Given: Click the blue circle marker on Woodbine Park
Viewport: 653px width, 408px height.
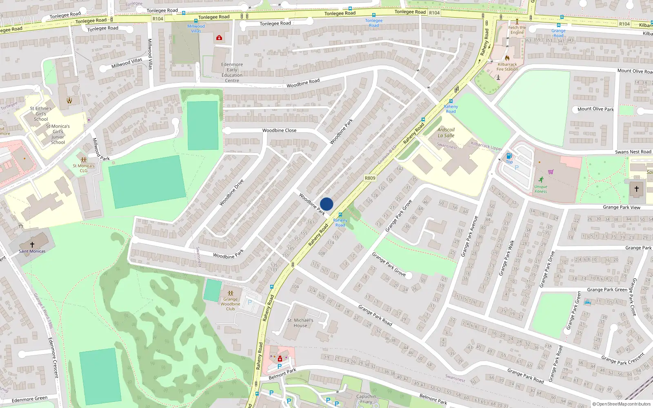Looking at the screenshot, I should (x=326, y=204).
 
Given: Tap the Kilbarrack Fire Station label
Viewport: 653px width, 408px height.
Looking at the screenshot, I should (x=507, y=67).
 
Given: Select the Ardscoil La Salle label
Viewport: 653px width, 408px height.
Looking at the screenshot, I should (x=446, y=133).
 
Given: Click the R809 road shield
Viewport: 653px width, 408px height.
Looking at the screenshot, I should (x=370, y=178).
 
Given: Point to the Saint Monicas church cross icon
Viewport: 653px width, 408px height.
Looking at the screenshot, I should (x=32, y=245).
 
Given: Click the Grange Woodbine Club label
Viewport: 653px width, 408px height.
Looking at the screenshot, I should (x=231, y=304).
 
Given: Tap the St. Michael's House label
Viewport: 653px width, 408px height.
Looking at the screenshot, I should (x=300, y=323).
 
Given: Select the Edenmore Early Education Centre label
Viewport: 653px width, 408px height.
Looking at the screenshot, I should (x=232, y=73).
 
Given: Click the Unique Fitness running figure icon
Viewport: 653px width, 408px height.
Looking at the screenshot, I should (x=541, y=180).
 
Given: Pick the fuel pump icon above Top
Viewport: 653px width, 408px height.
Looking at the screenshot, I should (x=509, y=156).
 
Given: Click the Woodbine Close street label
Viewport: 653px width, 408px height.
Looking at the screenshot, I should (x=279, y=131).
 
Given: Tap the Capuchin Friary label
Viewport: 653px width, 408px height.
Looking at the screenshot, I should (x=366, y=399).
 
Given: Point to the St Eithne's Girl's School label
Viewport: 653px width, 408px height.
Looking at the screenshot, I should (x=41, y=114).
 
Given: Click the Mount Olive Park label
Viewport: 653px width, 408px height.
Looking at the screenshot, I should (x=595, y=109).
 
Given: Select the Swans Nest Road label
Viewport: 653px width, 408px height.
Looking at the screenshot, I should (x=633, y=152).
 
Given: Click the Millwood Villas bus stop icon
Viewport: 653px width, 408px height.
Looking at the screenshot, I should (x=196, y=21).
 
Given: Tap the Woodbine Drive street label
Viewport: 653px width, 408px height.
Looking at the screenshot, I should (x=231, y=192).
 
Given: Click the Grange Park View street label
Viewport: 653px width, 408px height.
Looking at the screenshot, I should (x=622, y=207).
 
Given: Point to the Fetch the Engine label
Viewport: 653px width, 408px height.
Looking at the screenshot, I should (x=517, y=30).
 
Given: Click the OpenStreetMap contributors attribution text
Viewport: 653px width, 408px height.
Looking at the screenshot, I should (x=623, y=404).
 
